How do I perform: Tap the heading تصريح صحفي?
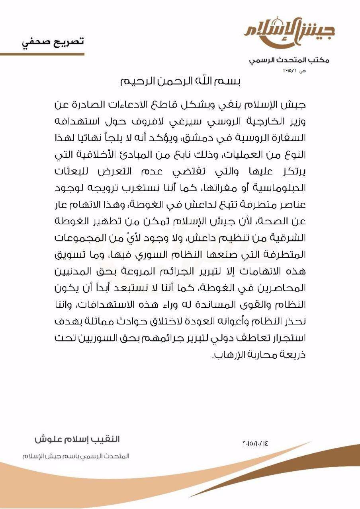pyautogui.click(x=53, y=42)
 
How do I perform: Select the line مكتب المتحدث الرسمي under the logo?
pyautogui.click(x=289, y=60)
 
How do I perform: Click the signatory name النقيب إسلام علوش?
pyautogui.click(x=77, y=440)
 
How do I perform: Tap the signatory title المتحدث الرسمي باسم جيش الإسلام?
pyautogui.click(x=76, y=456)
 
